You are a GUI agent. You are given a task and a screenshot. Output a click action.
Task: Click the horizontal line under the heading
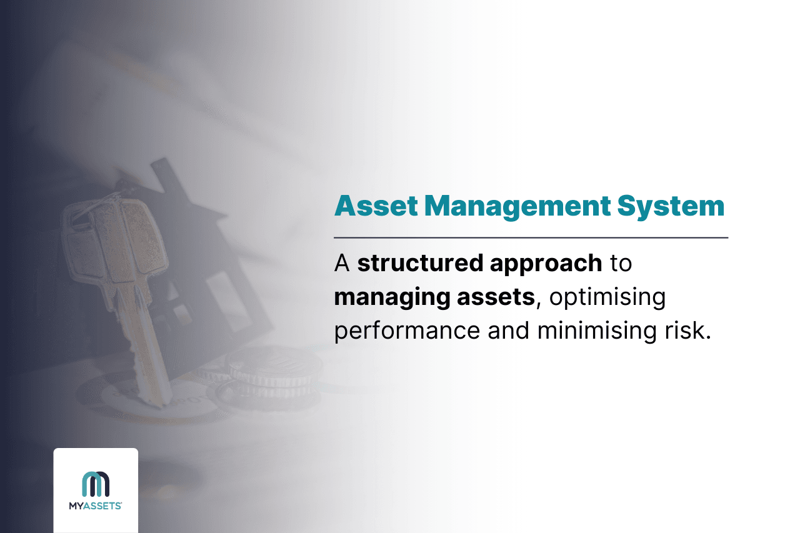pyautogui.click(x=531, y=237)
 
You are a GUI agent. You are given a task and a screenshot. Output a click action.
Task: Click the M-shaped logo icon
pyautogui.click(x=96, y=484)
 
